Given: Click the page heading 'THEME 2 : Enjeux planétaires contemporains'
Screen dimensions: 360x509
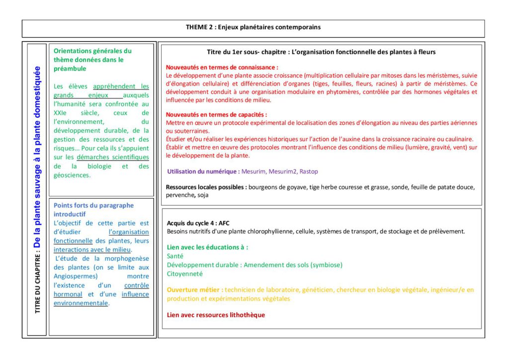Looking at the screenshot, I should [x=253, y=27].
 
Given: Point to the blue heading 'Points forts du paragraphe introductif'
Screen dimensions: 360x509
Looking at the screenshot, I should [x=93, y=209].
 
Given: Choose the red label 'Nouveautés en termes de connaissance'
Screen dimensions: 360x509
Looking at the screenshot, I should [x=222, y=67].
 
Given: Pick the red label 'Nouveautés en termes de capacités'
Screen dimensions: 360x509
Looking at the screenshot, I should [x=216, y=114].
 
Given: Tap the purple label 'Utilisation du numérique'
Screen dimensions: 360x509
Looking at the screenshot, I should [x=203, y=172].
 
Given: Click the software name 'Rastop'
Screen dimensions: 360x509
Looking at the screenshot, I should [x=309, y=172].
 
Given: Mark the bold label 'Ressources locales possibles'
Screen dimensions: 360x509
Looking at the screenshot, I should [x=206, y=187].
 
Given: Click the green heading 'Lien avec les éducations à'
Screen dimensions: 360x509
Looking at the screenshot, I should [x=207, y=247].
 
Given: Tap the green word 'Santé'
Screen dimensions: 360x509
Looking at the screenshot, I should [x=175, y=256].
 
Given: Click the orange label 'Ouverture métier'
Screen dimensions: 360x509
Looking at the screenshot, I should [x=195, y=290].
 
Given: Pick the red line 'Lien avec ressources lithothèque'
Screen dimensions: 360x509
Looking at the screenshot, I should [x=216, y=315].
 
